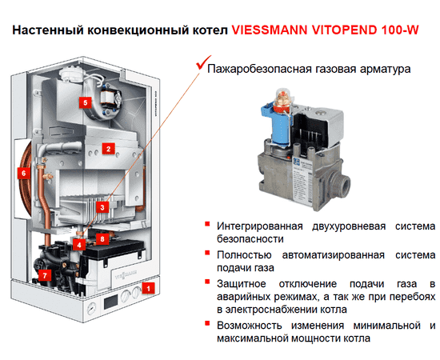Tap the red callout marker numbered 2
point(107,148)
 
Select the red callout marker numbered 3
point(101,206)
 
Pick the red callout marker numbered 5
point(85,102)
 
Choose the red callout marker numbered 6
point(23,172)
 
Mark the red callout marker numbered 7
point(45,274)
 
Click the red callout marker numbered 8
point(101,238)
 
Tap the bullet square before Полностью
point(208,254)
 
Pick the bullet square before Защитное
point(208,284)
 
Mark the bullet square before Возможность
point(208,324)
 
